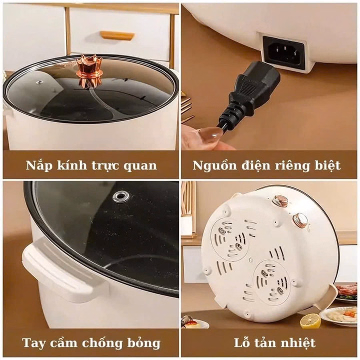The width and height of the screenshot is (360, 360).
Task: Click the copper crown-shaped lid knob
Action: (x=89, y=69)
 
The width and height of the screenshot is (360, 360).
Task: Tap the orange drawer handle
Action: (x=117, y=35)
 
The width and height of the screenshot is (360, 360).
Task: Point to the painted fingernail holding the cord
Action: (x=210, y=134)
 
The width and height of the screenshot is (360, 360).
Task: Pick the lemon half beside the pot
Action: (x=310, y=320)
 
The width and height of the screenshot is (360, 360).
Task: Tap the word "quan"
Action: (x=140, y=165)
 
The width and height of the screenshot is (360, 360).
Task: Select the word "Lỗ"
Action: (x=242, y=343)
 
